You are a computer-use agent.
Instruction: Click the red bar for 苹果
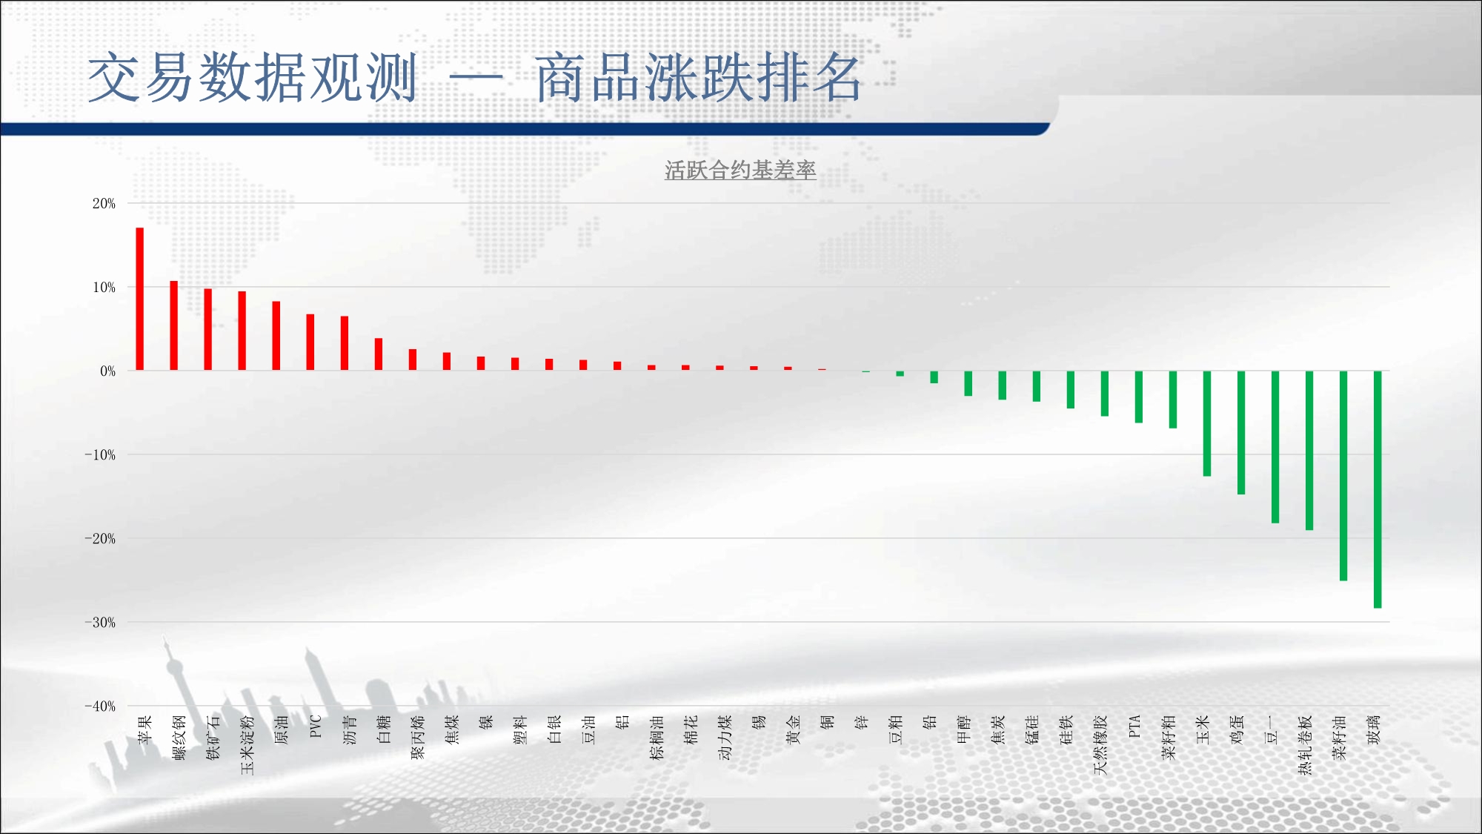pos(139,299)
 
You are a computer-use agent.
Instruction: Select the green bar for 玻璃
pos(1378,489)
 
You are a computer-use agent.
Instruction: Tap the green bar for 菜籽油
pos(1343,475)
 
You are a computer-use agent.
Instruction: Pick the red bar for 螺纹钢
pos(174,325)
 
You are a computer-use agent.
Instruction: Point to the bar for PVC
pos(310,342)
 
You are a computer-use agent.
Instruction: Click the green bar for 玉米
pos(1207,423)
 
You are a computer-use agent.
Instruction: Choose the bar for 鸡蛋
pos(1241,432)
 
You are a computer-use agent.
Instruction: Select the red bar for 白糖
pos(379,354)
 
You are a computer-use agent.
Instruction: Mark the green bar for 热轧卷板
pos(1309,450)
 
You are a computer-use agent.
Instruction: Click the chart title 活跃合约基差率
pos(740,171)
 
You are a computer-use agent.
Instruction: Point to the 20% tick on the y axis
pos(104,203)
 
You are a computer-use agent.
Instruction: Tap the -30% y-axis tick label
pos(100,623)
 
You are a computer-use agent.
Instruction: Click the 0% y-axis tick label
pos(108,371)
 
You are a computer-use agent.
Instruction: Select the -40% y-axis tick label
pos(100,706)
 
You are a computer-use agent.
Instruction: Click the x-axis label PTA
pos(1134,727)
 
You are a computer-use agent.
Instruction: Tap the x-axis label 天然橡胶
pos(1100,745)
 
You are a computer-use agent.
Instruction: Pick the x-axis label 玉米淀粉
pos(247,745)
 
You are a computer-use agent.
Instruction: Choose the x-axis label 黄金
pos(794,729)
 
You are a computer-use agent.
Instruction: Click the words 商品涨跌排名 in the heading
pos(699,77)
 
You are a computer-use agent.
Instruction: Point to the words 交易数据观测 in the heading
pos(253,77)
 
